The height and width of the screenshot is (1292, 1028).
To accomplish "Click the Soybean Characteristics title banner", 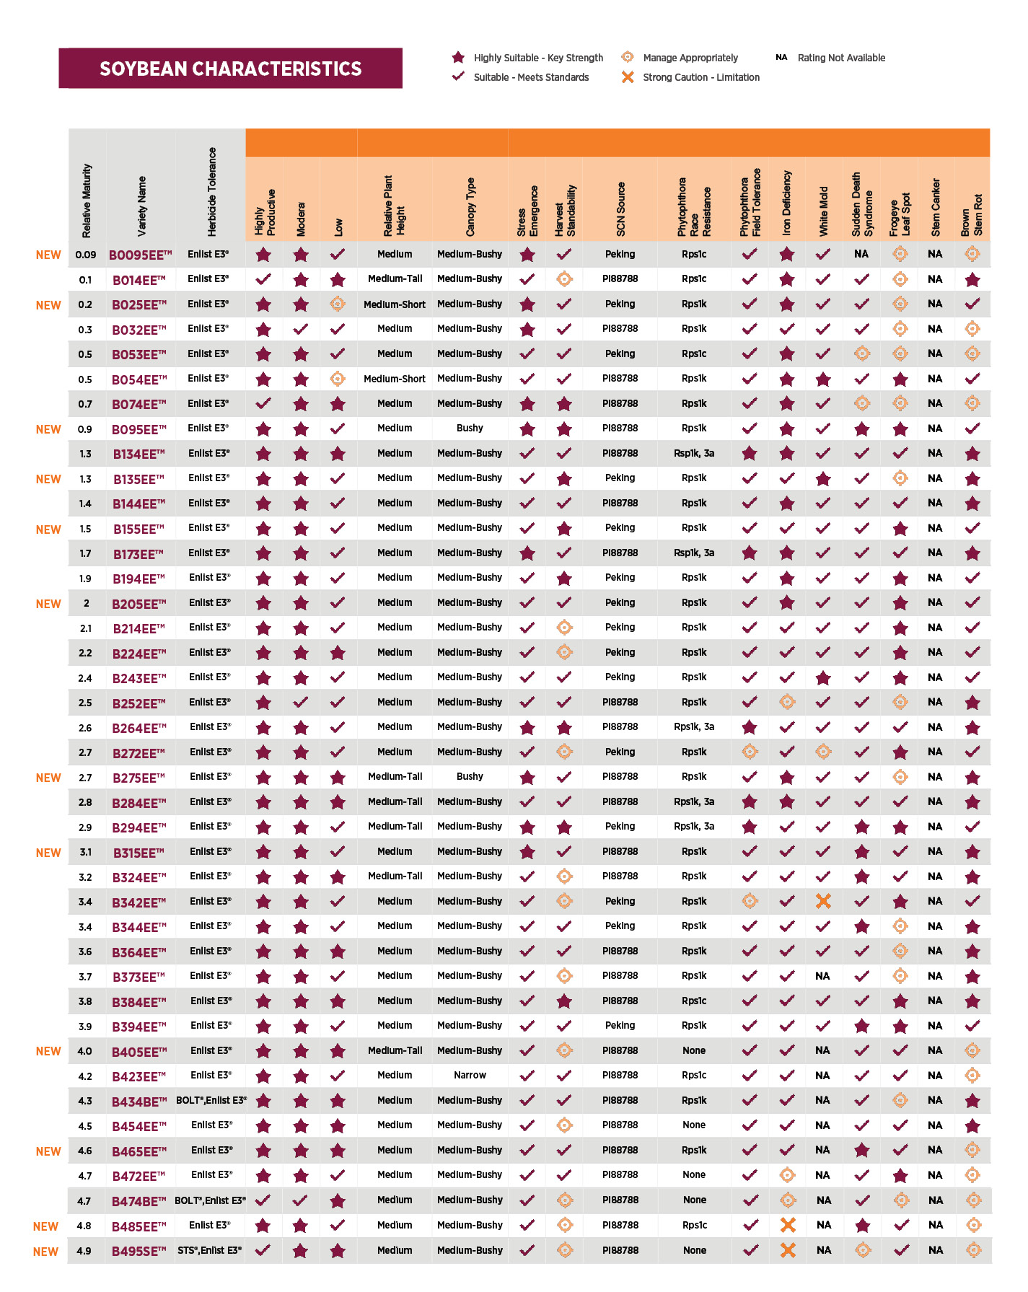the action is (x=230, y=69).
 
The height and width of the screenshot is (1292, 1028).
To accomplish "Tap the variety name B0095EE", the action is (x=141, y=255).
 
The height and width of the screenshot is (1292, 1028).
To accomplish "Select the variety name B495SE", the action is (x=139, y=1251).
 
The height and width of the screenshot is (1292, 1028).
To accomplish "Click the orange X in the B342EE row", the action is (x=823, y=901).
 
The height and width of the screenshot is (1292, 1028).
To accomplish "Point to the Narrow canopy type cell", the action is (x=470, y=1075).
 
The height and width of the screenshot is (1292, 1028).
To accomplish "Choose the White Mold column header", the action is (x=823, y=211).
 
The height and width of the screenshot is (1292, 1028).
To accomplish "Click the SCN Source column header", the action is (x=620, y=209).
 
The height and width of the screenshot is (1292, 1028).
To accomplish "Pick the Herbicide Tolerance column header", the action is (x=211, y=192).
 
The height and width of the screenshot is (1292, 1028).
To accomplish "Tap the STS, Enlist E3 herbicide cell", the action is (x=210, y=1250).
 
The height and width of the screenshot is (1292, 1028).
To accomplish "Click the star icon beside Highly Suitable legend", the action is (x=458, y=57).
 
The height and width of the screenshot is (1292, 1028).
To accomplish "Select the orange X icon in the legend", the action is (x=628, y=77).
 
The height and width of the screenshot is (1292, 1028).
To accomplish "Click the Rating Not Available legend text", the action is (x=841, y=58).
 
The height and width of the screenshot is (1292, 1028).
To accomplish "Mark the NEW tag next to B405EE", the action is (x=48, y=1051).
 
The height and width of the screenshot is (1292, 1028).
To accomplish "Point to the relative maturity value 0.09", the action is (x=86, y=255).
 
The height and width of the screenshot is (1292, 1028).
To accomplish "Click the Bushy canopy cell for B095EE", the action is (x=470, y=428).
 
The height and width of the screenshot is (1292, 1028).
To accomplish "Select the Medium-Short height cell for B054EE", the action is (x=395, y=379).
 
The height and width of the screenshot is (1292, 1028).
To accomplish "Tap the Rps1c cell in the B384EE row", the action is (x=694, y=1001).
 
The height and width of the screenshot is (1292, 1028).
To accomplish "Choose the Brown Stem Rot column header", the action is (x=972, y=214).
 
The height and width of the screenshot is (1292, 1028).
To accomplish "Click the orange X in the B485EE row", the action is (x=788, y=1225).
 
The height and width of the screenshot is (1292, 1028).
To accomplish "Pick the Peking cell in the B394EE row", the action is (x=620, y=1025).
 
